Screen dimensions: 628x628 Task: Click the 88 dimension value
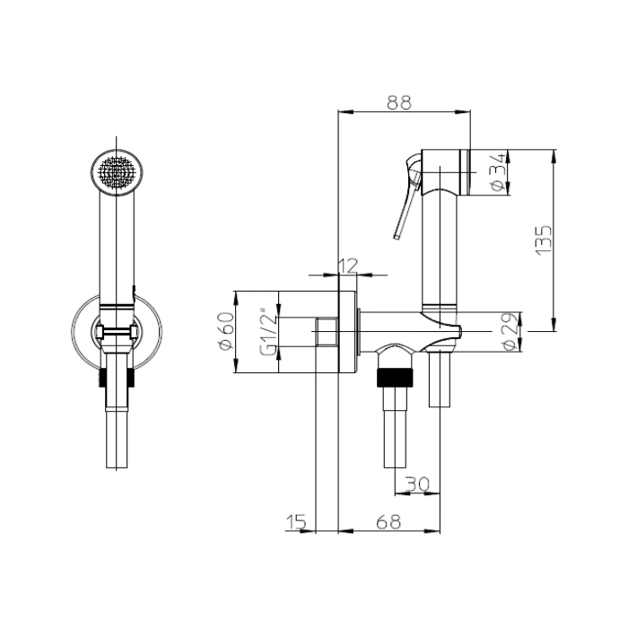(399, 102)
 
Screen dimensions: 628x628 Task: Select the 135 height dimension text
(544, 240)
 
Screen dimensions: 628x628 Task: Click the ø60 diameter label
(226, 331)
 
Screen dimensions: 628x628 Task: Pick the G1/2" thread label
(268, 332)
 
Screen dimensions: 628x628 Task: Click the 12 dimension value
(348, 266)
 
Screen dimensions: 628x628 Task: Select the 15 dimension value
(296, 522)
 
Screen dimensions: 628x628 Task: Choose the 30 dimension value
(417, 484)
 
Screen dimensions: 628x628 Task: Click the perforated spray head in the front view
(116, 172)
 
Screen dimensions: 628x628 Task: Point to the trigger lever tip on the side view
(397, 238)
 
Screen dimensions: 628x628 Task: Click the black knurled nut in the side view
(395, 378)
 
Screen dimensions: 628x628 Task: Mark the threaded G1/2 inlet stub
(327, 332)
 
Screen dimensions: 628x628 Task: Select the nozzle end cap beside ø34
(465, 172)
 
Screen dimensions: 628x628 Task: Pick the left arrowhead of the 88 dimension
(345, 112)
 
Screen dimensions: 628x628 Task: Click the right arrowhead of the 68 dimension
(433, 531)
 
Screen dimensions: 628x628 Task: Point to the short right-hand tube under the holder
(440, 379)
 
